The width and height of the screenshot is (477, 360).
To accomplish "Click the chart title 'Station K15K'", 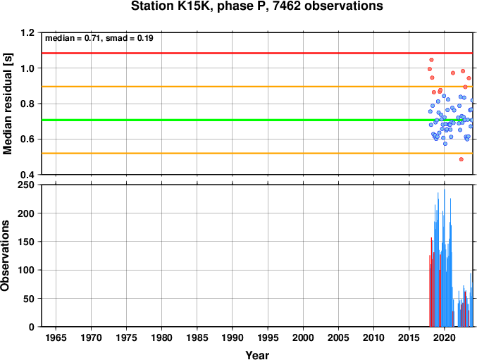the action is [173, 6].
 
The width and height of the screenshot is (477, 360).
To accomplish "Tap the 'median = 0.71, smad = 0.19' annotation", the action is [99, 38].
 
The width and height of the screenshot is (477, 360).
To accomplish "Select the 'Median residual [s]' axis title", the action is [7, 104].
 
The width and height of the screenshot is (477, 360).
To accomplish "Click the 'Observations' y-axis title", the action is [5, 256].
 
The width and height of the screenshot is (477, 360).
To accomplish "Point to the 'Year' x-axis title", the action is [257, 355].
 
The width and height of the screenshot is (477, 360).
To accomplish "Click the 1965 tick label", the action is [56, 337].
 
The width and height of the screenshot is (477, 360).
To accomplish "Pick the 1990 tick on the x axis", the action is [233, 337].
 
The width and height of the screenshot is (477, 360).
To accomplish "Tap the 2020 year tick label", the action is [445, 337].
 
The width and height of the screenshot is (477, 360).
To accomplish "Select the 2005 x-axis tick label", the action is [338, 337].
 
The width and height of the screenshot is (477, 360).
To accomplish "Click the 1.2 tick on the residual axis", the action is [27, 32].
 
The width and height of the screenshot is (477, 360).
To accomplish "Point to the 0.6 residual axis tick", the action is [27, 139].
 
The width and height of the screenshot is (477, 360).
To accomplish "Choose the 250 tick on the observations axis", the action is [26, 185].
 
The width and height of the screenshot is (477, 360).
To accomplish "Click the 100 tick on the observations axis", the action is [26, 270].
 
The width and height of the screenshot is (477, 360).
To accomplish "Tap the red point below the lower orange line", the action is [461, 159].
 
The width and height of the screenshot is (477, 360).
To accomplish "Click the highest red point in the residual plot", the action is [431, 60].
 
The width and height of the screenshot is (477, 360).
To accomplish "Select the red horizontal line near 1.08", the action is [257, 54].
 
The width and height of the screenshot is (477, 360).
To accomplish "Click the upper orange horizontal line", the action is [257, 87].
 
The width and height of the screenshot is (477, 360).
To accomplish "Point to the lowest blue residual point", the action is [445, 144].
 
